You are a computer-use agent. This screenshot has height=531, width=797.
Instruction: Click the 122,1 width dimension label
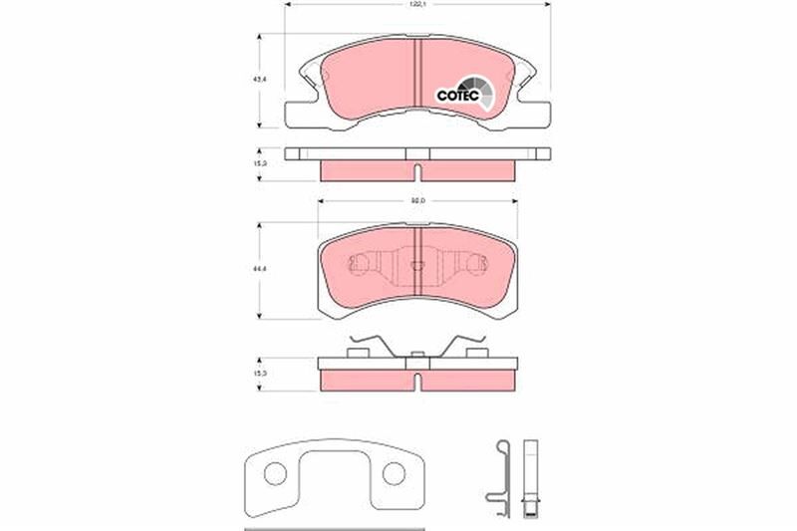(x=417, y=5)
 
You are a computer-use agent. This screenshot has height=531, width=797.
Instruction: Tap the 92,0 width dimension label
(x=417, y=203)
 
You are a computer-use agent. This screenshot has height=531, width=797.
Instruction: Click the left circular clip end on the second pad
(x=359, y=265)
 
